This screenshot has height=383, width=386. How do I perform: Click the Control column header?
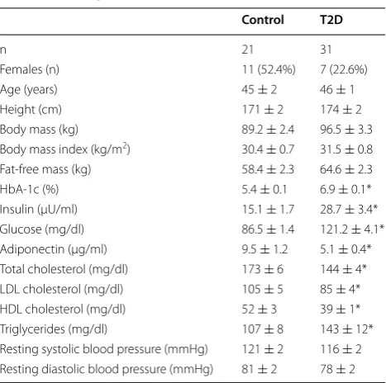click(263, 20)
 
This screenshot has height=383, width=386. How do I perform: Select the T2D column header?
click(331, 20)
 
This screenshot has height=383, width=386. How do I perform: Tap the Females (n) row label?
click(30, 69)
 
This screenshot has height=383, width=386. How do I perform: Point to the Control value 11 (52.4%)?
click(269, 69)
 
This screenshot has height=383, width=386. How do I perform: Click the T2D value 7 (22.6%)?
click(344, 69)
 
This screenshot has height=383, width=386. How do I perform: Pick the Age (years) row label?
click(29, 89)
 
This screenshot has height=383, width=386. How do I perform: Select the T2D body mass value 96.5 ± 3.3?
click(346, 130)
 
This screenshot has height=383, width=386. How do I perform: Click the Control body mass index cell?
click(268, 149)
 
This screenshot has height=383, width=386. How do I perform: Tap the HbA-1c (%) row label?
click(29, 189)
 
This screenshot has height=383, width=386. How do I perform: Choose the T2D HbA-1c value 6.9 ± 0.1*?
click(345, 189)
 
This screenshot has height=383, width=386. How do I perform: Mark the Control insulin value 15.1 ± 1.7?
click(268, 210)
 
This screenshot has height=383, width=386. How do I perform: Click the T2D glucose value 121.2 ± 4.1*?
click(352, 229)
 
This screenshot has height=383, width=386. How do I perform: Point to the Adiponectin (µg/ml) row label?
click(54, 249)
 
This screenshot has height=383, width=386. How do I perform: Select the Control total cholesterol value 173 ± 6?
click(262, 269)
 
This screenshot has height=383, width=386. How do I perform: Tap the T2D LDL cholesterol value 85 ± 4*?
click(340, 289)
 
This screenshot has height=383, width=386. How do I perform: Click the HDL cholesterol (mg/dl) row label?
click(63, 310)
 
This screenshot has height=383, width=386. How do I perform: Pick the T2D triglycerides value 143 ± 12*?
click(346, 329)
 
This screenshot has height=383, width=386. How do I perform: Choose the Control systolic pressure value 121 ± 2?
click(262, 349)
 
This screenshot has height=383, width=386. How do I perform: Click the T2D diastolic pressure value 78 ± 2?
click(337, 369)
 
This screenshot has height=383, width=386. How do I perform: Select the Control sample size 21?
click(247, 50)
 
